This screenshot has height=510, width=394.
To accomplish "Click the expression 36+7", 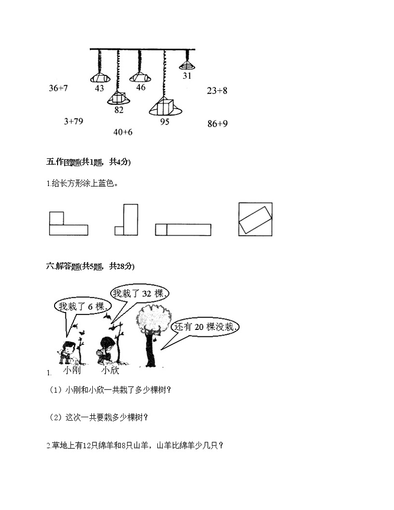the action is (58, 88).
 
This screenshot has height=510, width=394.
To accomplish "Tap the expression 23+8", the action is (217, 91).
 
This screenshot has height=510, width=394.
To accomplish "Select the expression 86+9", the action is (217, 124).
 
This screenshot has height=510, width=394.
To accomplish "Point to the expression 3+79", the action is (73, 121).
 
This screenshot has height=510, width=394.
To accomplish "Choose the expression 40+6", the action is (123, 132).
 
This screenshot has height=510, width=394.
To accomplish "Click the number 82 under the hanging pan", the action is (119, 110).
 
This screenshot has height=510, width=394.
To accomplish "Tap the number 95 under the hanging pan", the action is (165, 122).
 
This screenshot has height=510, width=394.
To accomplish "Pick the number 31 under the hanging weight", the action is (187, 76).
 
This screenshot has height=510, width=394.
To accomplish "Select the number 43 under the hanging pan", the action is (99, 88).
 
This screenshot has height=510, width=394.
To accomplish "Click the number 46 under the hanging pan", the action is (140, 87).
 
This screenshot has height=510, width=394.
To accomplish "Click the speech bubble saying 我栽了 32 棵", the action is (141, 294).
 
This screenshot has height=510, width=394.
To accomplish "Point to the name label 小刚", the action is (72, 371).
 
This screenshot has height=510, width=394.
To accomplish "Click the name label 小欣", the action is (110, 371).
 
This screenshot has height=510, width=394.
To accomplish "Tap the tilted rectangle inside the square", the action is (255, 219).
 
